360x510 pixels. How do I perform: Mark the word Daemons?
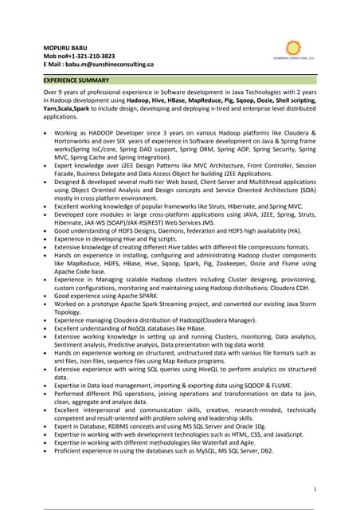169,229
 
